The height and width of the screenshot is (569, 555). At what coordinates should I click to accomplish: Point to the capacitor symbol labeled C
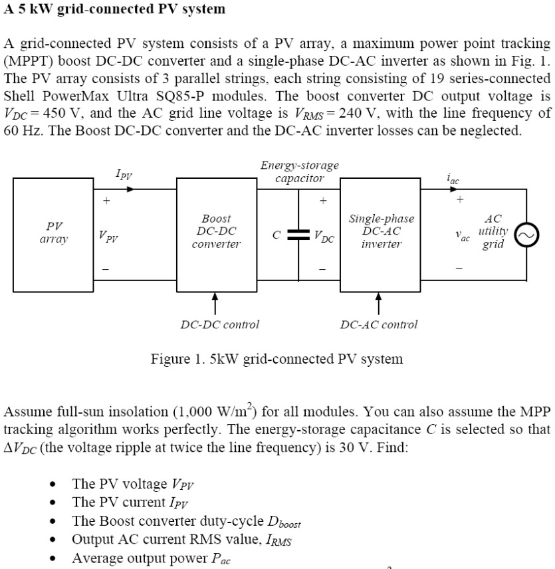300,233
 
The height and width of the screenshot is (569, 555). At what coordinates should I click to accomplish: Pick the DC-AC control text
379,324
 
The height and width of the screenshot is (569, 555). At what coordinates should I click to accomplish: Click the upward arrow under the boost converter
215,304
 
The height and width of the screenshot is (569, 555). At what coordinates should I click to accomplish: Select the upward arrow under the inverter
379,304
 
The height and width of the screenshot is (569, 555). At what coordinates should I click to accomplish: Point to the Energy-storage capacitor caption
299,171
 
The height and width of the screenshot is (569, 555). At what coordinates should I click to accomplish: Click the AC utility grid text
493,231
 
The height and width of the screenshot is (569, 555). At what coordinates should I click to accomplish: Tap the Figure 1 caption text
277,359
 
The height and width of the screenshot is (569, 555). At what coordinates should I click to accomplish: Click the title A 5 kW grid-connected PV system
115,9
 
